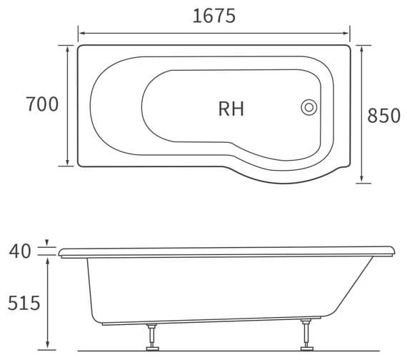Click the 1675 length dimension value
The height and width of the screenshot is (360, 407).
(214, 15)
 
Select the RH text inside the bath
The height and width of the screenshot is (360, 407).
(231, 109)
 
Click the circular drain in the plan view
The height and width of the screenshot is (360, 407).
(309, 107)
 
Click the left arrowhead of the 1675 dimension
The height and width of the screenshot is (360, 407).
(81, 33)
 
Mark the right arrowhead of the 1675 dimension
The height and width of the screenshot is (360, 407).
(348, 33)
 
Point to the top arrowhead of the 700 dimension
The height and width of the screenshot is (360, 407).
(68, 47)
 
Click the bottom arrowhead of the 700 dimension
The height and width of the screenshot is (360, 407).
(68, 164)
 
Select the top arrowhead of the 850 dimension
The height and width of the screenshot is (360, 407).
(362, 48)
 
